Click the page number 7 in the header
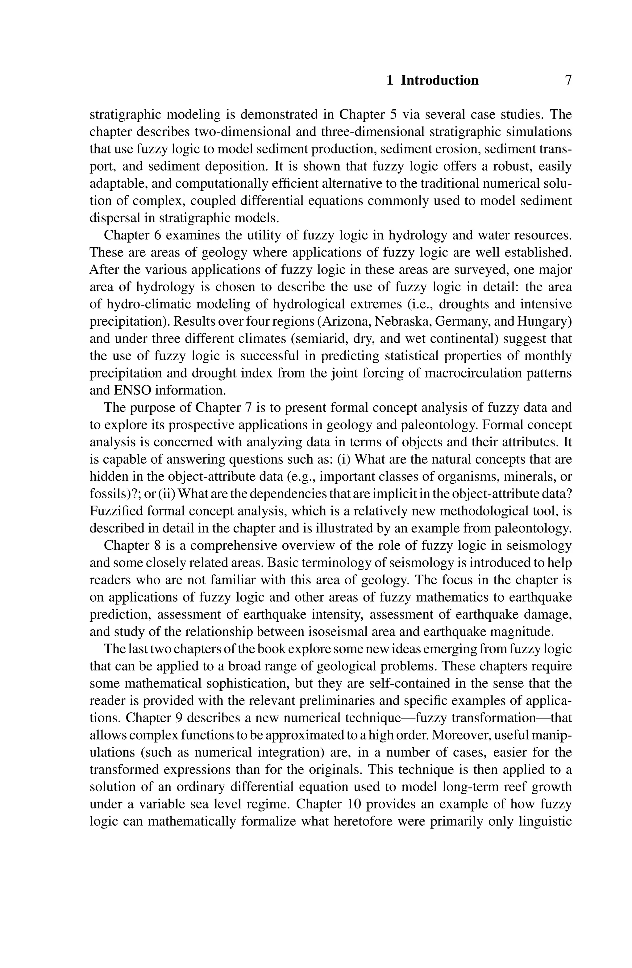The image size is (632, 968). coord(568,80)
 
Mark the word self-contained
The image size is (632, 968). coord(409,683)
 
